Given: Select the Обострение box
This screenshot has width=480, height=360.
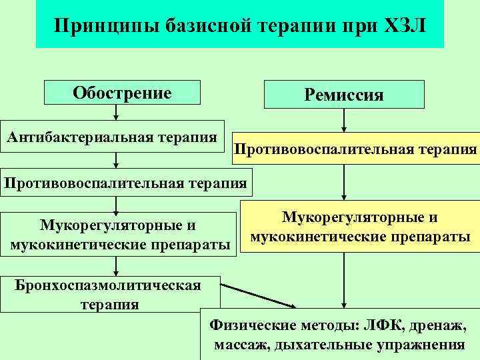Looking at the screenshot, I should (122, 93).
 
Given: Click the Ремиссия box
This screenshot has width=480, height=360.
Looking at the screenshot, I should (344, 94).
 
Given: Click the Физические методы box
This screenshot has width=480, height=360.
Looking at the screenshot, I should (339, 335).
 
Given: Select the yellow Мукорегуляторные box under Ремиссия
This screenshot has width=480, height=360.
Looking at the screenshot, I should (359, 227).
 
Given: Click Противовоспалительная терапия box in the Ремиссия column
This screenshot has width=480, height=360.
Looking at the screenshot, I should (355, 150).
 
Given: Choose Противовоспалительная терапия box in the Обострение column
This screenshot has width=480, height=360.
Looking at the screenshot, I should (125, 181).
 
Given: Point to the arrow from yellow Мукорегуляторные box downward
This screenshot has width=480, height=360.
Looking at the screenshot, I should (344, 280).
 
